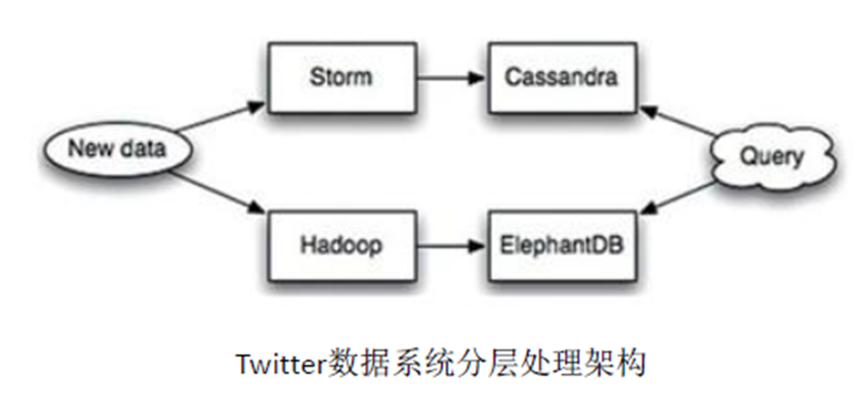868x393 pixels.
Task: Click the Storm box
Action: pos(340,75)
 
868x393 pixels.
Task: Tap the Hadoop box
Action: pos(340,244)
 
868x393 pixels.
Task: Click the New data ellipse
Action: pos(116,153)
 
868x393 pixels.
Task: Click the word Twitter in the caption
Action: pos(274,364)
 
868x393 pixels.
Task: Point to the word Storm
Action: pos(340,76)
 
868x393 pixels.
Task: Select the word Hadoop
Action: pos(340,245)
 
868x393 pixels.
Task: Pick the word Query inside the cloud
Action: pos(771,157)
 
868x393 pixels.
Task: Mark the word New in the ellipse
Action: pos(86,151)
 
